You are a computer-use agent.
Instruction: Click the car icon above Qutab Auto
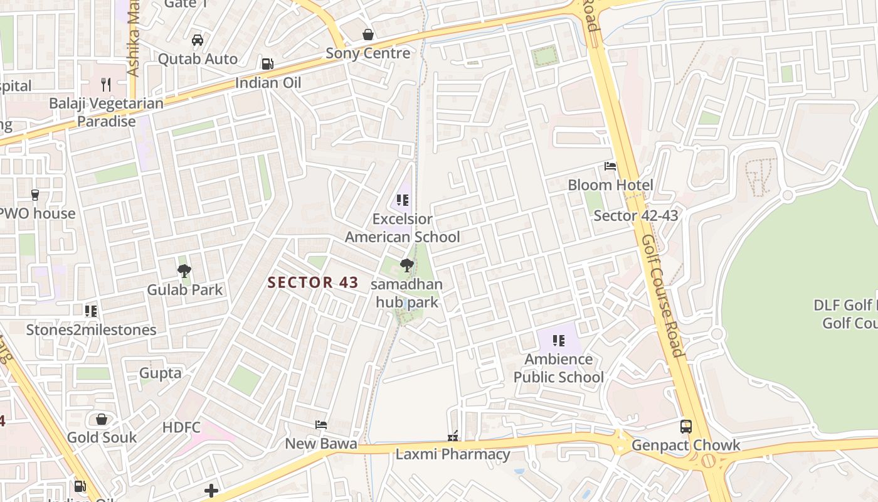(198, 40)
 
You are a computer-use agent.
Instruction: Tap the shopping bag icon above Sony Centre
(368, 35)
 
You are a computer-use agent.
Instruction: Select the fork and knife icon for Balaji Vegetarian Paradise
(106, 84)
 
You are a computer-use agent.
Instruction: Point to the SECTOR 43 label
(313, 282)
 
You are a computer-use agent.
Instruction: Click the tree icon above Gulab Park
(184, 271)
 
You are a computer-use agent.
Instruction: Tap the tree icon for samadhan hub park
(407, 265)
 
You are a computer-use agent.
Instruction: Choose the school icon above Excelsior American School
(403, 200)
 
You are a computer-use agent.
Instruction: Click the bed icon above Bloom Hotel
(610, 166)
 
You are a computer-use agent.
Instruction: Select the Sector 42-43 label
(635, 216)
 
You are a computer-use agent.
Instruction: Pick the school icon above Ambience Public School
(559, 341)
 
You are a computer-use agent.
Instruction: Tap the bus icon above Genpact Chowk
(686, 427)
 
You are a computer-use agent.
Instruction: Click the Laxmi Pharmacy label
(452, 454)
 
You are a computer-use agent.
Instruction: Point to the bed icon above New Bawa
(321, 425)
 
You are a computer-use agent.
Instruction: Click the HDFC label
(181, 428)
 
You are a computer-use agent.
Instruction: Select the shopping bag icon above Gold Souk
(102, 419)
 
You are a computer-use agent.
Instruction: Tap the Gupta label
(160, 373)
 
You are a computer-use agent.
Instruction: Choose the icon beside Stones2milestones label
(91, 311)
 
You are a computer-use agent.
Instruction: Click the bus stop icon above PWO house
(35, 195)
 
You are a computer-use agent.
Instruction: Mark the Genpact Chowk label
(685, 446)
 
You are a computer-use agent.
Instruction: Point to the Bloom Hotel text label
(610, 185)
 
